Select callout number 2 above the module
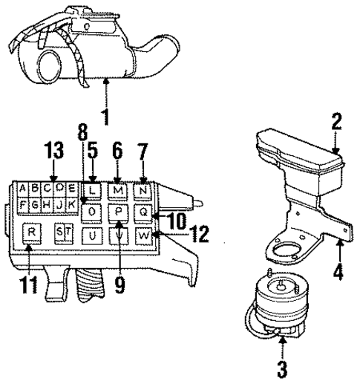pyautogui.click(x=336, y=122)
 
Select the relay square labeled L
pyautogui.click(x=91, y=189)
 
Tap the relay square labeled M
pyautogui.click(x=117, y=190)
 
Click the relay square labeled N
pyautogui.click(x=143, y=190)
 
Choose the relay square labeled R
pyautogui.click(x=32, y=232)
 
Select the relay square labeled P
pyautogui.click(x=117, y=212)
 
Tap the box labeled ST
pyautogui.click(x=65, y=233)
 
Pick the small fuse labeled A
pyautogui.click(x=25, y=188)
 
